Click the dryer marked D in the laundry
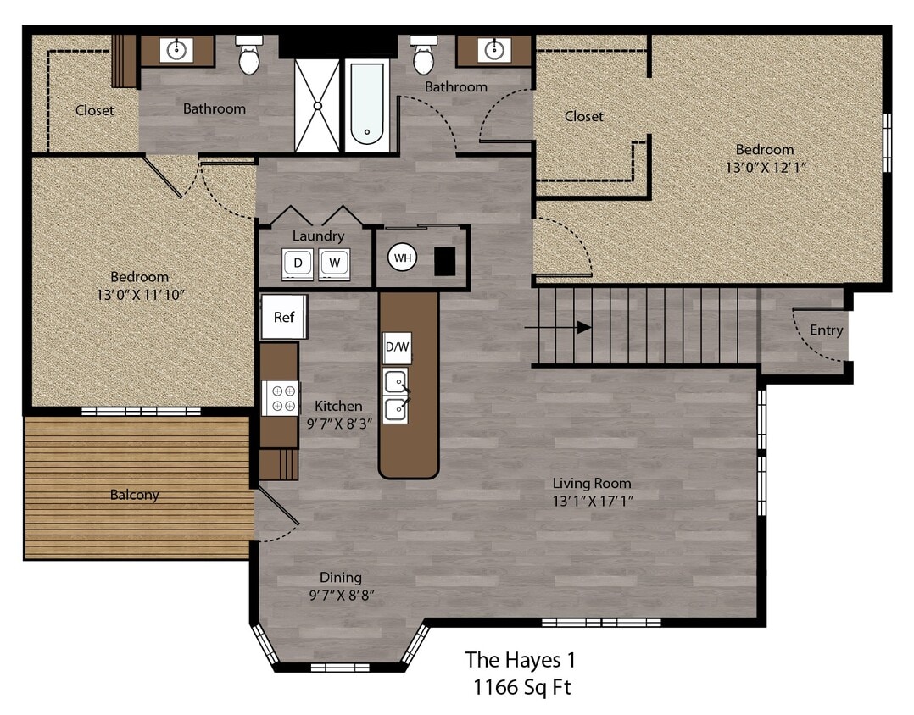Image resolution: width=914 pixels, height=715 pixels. coord(298,263)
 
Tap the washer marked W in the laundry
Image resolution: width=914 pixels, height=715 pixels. coord(335,263)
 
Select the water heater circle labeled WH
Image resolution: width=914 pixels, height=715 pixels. coord(403,258)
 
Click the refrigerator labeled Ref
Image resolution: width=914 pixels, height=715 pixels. coord(284,317)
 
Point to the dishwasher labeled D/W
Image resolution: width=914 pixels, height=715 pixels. coord(397,347)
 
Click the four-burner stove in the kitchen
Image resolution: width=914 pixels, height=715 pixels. coord(281,398)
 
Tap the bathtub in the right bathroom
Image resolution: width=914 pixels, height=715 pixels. coord(367,106)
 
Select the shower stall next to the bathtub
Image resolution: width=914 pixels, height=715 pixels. coord(317,106)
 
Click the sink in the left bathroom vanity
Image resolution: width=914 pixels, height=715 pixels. coord(176,49)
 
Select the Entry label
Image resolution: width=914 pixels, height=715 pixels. coord(826,330)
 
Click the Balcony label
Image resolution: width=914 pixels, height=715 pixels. coord(134,495)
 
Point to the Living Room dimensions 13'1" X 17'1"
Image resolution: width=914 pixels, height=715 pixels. coord(593,501)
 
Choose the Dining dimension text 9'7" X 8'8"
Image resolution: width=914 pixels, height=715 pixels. coord(342,595)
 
